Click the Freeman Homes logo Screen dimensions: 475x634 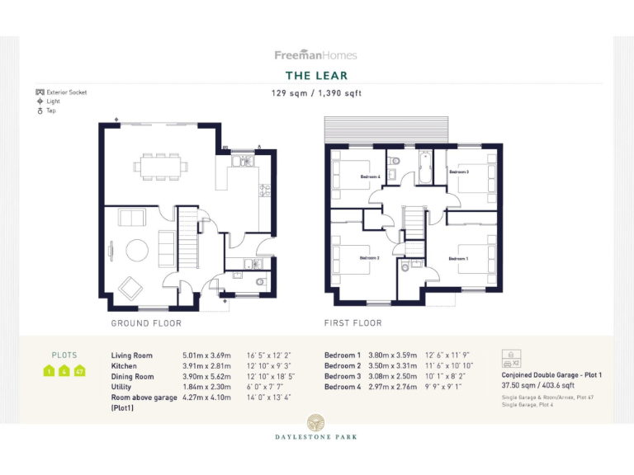tap(316, 55)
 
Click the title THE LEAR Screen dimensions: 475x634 tap(316, 76)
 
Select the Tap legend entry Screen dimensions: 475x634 tap(51, 111)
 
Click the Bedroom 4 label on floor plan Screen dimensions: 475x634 tap(369, 176)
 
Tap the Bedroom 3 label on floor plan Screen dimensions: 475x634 tap(459, 172)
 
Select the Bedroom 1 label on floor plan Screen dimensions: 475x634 tap(458, 258)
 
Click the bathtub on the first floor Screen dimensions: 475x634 tap(424, 167)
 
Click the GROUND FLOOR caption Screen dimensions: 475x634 tap(146, 323)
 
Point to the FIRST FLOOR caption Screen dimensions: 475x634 tap(353, 323)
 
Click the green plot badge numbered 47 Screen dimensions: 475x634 tap(80, 371)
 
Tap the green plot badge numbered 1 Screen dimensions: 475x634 tap(50, 371)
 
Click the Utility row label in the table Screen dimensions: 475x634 tap(121, 387)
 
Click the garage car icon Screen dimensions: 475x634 tap(510, 360)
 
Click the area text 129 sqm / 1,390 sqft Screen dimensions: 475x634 tap(316, 93)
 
